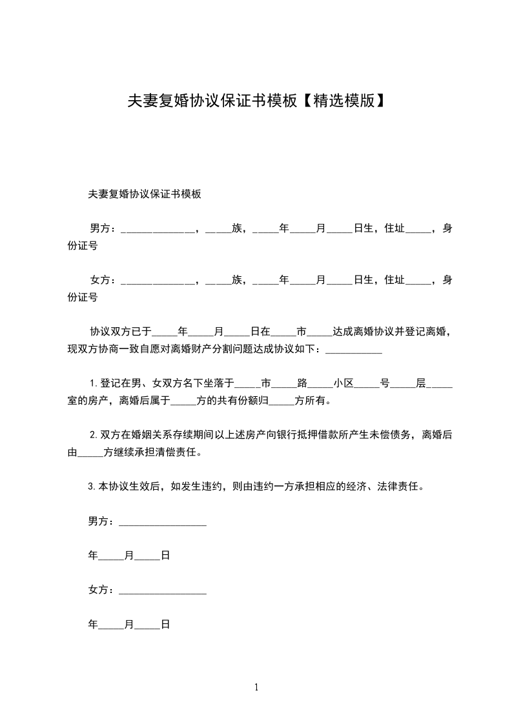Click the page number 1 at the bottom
(256, 687)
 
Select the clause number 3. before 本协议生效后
(92, 487)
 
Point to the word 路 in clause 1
(302, 383)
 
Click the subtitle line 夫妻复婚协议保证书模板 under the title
(145, 194)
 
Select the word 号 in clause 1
(384, 383)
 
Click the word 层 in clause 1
(420, 383)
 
